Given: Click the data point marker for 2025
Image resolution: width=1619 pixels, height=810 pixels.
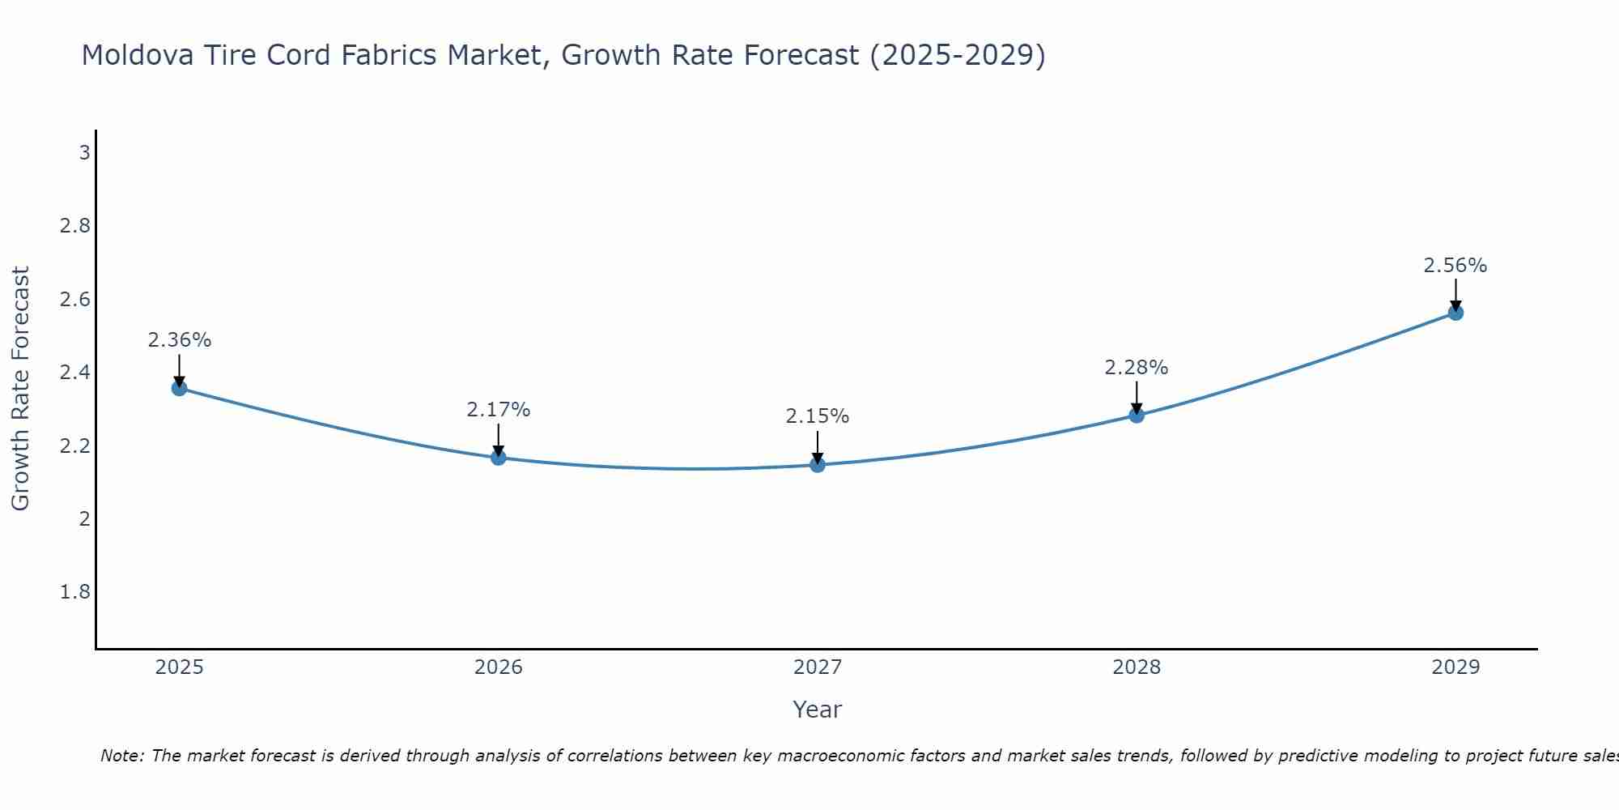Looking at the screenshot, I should pyautogui.click(x=179, y=388).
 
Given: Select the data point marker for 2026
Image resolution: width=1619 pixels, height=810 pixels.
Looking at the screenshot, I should pyautogui.click(x=499, y=458).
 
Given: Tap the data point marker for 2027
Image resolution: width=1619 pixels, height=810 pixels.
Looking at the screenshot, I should pyautogui.click(x=818, y=465).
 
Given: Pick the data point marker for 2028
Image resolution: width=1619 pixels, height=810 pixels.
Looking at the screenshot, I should pyautogui.click(x=1137, y=416).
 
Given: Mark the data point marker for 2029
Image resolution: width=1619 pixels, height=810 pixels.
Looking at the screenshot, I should pyautogui.click(x=1455, y=313).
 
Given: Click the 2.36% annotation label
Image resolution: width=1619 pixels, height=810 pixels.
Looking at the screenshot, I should pyautogui.click(x=179, y=340).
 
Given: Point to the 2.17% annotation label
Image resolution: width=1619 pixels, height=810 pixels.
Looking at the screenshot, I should pyautogui.click(x=499, y=410).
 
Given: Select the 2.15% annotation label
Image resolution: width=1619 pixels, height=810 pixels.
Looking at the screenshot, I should pyautogui.click(x=818, y=416).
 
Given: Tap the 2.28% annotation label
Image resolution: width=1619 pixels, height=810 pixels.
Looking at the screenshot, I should pyautogui.click(x=1137, y=368).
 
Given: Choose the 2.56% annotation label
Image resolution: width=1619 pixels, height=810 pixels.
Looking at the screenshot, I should pyautogui.click(x=1455, y=266).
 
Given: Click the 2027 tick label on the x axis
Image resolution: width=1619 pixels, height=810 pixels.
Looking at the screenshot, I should pyautogui.click(x=818, y=667).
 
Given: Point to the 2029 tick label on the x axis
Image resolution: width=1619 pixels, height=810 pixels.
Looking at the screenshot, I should pyautogui.click(x=1455, y=667).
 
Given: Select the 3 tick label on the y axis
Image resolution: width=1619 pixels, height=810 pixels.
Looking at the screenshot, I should pyautogui.click(x=84, y=152).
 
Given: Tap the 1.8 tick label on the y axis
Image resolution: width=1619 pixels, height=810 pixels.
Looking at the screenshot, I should pyautogui.click(x=75, y=592).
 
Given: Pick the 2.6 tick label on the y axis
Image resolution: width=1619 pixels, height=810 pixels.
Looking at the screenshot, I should pyautogui.click(x=75, y=300).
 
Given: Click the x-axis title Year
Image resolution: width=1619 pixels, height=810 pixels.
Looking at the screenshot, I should pyautogui.click(x=818, y=710).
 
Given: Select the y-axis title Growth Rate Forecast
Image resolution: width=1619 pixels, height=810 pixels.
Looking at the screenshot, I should pyautogui.click(x=20, y=389).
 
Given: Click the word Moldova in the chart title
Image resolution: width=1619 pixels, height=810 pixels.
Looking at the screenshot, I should pyautogui.click(x=138, y=55).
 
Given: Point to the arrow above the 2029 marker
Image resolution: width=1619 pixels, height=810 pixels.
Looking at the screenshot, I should pyautogui.click(x=1455, y=293).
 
